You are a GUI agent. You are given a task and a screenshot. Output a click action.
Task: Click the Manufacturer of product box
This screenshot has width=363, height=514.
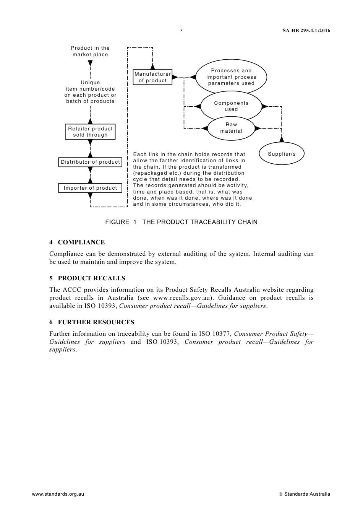point(152,77)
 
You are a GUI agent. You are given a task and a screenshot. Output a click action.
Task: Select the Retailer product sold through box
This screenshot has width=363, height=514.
point(90,132)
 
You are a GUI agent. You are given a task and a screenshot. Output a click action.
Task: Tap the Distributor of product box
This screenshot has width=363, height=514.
point(90,162)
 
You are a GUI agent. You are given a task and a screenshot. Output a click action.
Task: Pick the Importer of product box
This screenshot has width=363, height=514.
point(90,188)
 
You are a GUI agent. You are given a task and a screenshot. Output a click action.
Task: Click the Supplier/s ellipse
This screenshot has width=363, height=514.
point(282,154)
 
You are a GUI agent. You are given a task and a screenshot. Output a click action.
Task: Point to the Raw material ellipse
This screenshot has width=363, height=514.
point(231,128)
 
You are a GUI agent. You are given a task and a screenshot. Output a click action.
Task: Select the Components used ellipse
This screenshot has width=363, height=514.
point(231,106)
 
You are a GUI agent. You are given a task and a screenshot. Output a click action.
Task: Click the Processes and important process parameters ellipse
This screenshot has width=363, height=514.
point(231,77)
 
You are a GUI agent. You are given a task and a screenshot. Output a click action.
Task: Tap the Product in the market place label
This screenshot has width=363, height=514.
point(90,51)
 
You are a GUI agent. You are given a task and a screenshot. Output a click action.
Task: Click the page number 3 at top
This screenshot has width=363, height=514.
point(181,31)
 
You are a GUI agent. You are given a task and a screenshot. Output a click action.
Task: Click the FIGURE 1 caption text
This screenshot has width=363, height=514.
point(181,222)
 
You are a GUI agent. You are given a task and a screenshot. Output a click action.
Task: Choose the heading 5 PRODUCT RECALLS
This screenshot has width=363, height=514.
point(87,278)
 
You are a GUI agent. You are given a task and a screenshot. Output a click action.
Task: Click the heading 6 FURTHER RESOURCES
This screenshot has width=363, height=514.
point(92,322)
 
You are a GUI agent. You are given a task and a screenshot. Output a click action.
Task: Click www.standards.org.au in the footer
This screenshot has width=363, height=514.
point(58,494)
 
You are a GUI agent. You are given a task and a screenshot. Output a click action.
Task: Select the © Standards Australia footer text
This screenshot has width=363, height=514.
point(304,494)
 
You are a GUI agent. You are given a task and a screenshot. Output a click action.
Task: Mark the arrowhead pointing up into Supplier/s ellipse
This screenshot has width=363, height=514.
point(282,140)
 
